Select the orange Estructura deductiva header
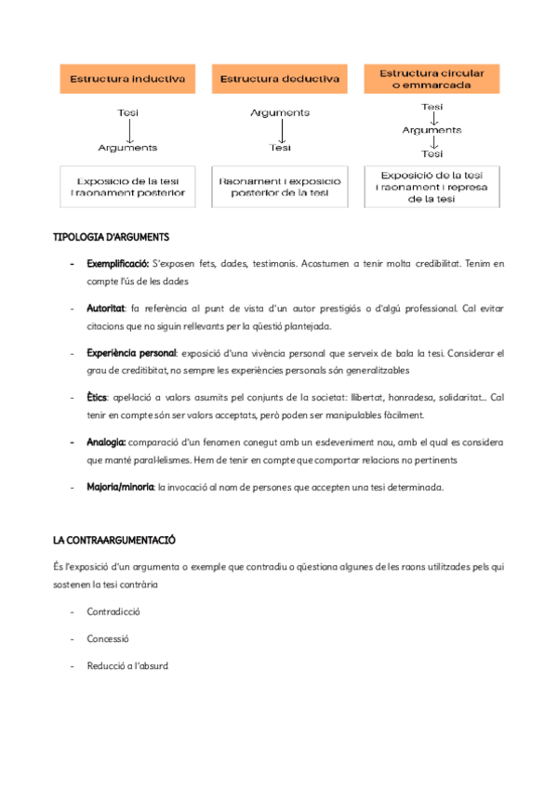pyautogui.click(x=280, y=80)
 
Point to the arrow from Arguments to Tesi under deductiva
pyautogui.click(x=280, y=130)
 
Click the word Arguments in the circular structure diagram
pyautogui.click(x=432, y=130)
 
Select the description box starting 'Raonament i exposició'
pyautogui.click(x=280, y=186)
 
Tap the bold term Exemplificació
pyautogui.click(x=117, y=264)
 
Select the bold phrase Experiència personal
pyautogui.click(x=131, y=353)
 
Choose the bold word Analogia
pyautogui.click(x=106, y=442)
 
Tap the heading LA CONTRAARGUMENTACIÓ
pyautogui.click(x=113, y=540)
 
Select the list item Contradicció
pyautogui.click(x=113, y=612)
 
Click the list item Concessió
pyautogui.click(x=108, y=638)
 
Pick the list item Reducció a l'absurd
pyautogui.click(x=127, y=665)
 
